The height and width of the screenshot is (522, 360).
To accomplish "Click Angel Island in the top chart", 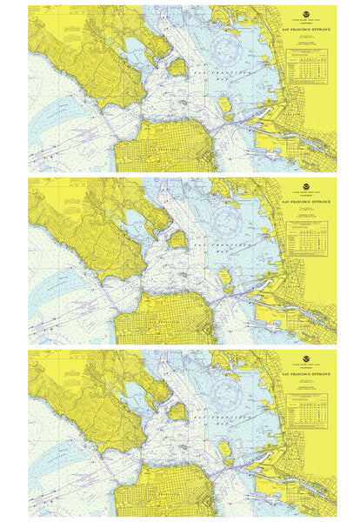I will point(177,65).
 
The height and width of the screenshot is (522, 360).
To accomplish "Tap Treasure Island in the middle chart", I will point(225,279).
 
